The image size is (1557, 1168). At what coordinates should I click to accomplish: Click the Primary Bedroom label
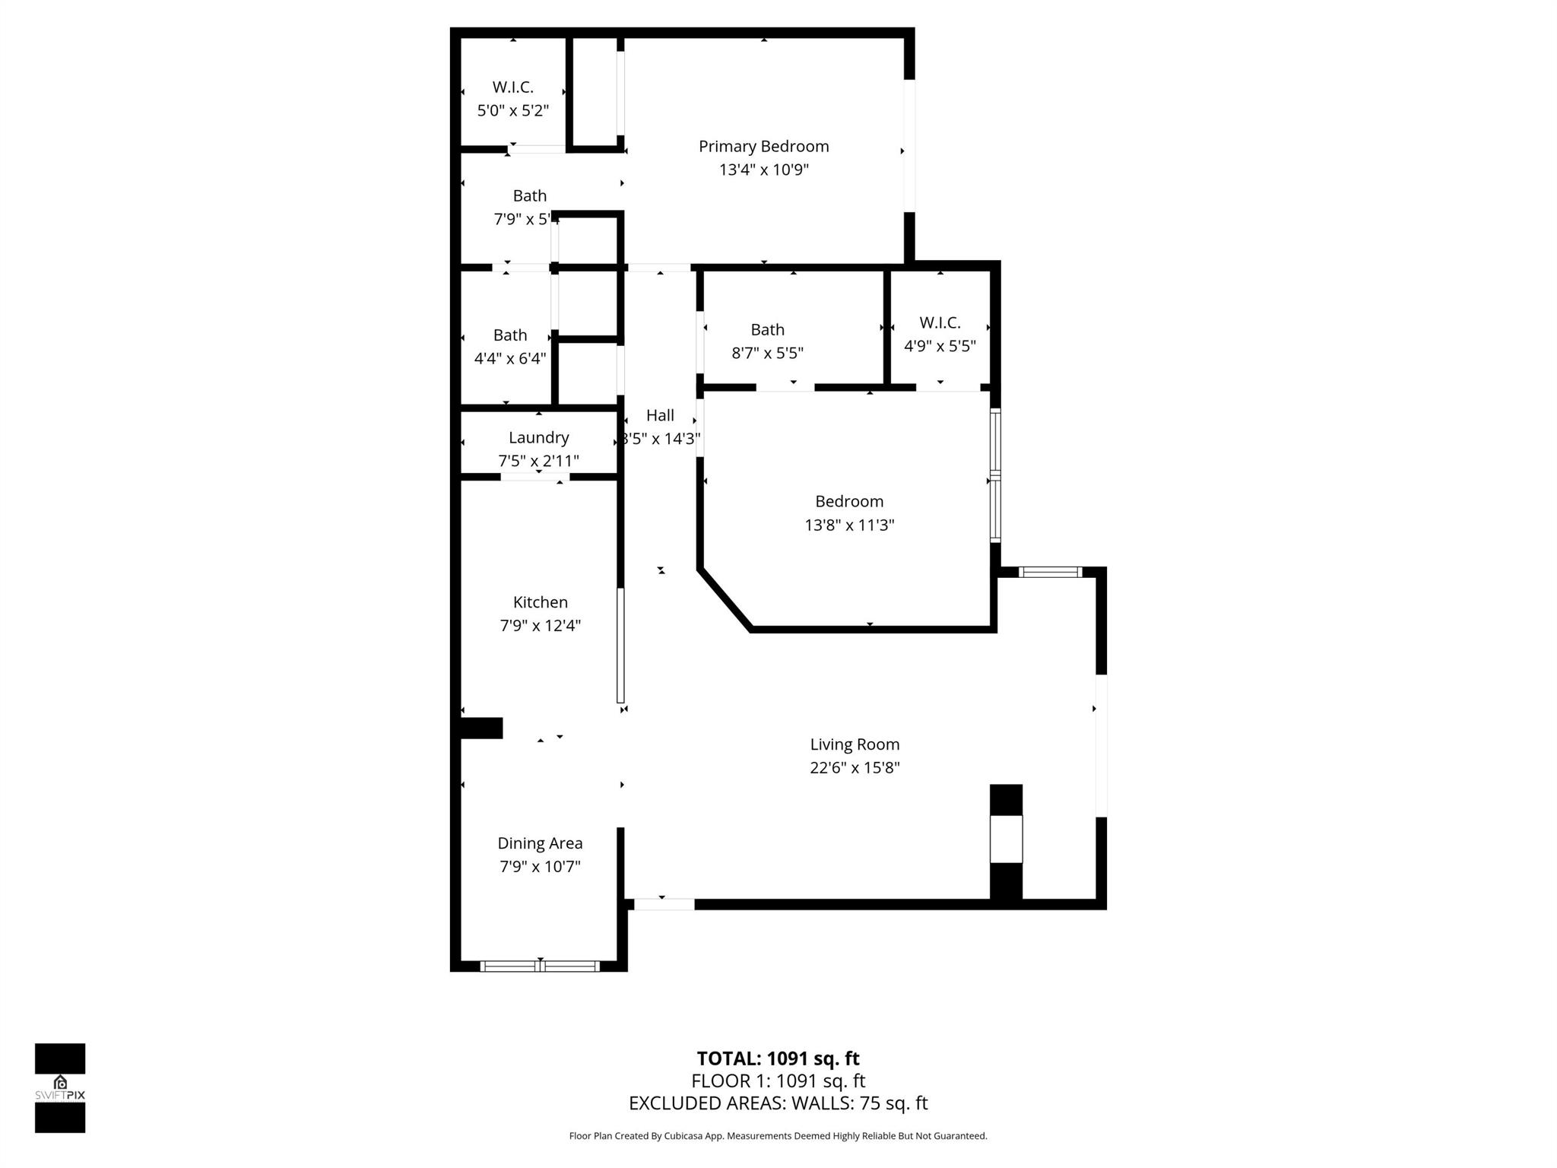763,146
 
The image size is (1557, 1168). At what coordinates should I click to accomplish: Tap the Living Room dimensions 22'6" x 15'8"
855,767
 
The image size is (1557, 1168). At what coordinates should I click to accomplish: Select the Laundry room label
538,437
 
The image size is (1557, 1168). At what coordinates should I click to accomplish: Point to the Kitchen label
540,602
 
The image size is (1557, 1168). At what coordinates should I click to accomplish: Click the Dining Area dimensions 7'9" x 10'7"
540,866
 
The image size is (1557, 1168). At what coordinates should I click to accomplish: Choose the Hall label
660,415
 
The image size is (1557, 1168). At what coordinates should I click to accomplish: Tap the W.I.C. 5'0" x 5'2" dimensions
512,111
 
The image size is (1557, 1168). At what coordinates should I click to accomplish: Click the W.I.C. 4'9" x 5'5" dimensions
940,346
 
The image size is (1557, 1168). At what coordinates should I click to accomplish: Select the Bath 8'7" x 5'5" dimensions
767,353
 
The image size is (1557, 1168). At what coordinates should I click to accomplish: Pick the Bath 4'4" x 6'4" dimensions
509,358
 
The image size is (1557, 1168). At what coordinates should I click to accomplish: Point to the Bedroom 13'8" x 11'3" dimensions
849,525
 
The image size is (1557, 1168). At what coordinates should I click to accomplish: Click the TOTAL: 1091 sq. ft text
778,1058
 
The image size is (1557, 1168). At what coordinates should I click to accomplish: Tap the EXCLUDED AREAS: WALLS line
778,1103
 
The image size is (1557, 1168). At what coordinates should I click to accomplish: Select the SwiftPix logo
60,1087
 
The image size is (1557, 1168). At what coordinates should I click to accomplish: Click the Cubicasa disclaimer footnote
778,1136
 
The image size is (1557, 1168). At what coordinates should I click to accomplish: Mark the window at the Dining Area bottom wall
540,966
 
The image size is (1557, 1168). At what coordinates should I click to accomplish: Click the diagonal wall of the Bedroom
725,599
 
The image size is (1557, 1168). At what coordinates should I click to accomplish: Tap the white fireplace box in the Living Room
1006,838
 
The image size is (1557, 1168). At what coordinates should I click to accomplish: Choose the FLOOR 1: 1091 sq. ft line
778,1081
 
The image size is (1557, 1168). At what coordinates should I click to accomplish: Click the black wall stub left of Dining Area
481,728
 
